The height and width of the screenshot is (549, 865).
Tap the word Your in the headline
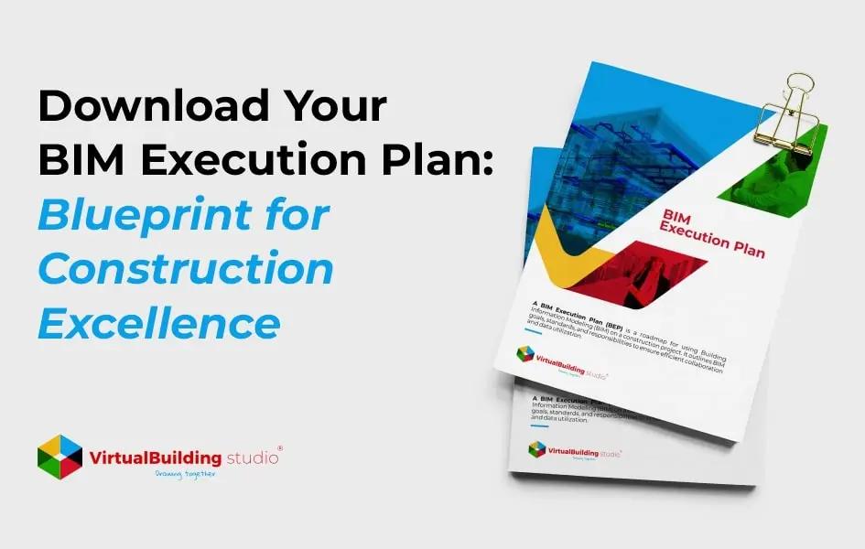point(336,108)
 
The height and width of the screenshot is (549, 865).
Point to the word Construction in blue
point(186,270)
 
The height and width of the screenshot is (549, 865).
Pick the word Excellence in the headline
point(158,323)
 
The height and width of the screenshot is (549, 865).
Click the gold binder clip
point(789,114)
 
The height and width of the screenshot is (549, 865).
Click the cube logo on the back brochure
point(536,448)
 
